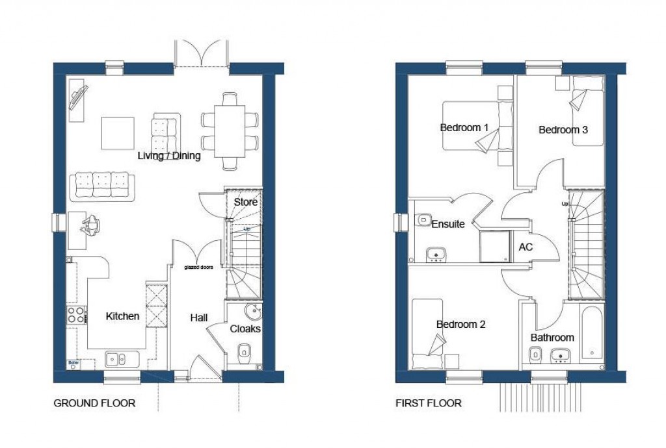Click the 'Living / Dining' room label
(169, 156)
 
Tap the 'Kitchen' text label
(122, 316)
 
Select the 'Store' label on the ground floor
(246, 202)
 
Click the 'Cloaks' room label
(245, 329)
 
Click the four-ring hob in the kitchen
(75, 315)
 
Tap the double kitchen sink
(118, 358)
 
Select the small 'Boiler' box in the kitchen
(72, 363)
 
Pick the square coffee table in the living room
(118, 133)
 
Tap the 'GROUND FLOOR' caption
(94, 403)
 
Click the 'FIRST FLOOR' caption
(429, 403)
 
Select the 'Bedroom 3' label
(563, 130)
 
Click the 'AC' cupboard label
(526, 247)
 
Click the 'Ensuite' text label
(448, 224)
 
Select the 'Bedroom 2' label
(460, 324)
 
